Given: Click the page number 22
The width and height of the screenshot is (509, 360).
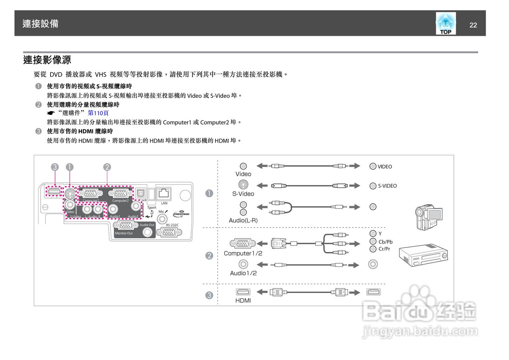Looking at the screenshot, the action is point(473,25).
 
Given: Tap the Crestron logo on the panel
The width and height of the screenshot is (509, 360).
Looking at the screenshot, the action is point(181,214).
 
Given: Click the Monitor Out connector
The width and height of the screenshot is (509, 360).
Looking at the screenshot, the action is point(124,226).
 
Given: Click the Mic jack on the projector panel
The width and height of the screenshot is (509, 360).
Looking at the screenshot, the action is point(162,218).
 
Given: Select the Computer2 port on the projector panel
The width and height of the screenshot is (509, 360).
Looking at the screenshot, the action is point(120,194).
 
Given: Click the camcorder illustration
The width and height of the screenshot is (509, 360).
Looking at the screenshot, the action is point(429,218).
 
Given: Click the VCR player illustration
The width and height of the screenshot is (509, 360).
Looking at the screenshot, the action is point(424,255).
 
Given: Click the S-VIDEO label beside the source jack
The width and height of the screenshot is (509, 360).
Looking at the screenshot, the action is point(387,186).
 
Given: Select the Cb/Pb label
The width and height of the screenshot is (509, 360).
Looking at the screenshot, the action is point(385,241).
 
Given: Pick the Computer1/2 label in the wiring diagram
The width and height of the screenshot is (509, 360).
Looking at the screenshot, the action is point(243,253).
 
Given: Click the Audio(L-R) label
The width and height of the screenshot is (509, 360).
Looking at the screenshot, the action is point(243,220).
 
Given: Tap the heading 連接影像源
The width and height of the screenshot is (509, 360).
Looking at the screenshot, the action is point(47,60).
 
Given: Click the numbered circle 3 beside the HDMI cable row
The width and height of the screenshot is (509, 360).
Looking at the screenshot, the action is point(209,295).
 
